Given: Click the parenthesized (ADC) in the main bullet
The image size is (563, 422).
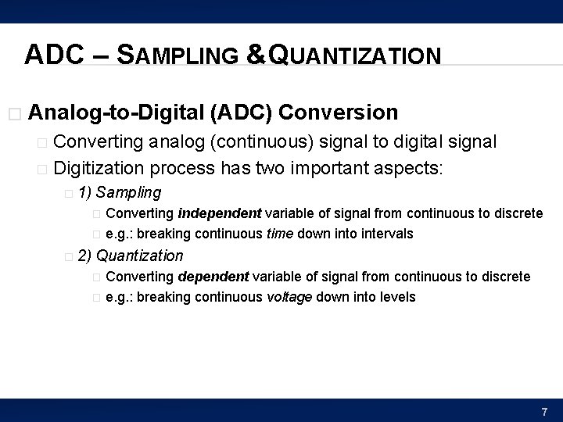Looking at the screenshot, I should point(241,113).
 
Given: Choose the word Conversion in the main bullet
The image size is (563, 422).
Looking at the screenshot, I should point(338,113).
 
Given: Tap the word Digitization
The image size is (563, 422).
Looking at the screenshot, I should point(100,167).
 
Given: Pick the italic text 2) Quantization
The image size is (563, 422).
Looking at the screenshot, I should point(131,256).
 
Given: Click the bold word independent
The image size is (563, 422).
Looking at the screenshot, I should point(221,213).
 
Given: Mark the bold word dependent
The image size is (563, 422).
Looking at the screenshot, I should point(213,277).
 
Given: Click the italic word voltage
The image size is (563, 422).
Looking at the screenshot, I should point(289,297).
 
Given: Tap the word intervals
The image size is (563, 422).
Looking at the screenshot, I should point(387,234).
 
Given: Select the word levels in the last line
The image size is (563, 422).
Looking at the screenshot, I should point(399,297).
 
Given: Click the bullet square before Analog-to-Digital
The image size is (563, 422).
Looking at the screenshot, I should point(10,113).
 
